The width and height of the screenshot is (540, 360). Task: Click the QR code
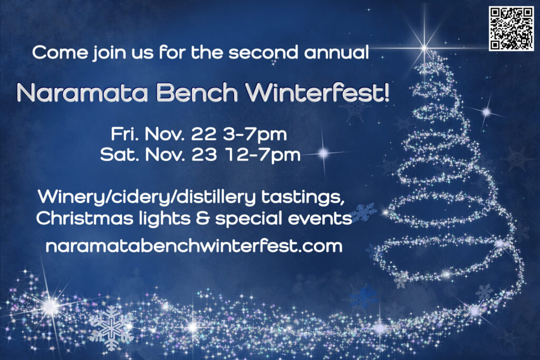pyautogui.click(x=512, y=28)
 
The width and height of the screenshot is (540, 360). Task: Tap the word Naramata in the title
pyautogui.click(x=82, y=93)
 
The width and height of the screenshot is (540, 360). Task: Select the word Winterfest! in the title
pyautogui.click(x=317, y=92)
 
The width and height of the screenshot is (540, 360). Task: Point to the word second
pyautogui.click(x=264, y=52)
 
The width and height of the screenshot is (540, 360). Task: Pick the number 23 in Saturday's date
pyautogui.click(x=204, y=155)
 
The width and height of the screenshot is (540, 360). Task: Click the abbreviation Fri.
pyautogui.click(x=124, y=134)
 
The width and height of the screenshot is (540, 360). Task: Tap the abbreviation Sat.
pyautogui.click(x=120, y=155)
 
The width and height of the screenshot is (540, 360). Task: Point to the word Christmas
pyautogui.click(x=84, y=218)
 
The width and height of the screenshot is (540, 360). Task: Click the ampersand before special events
pyautogui.click(x=202, y=219)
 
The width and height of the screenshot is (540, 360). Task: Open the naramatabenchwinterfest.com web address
pyautogui.click(x=194, y=247)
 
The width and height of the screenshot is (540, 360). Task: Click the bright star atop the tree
pyautogui.click(x=425, y=47)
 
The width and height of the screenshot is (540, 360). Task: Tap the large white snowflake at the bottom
pyautogui.click(x=111, y=328)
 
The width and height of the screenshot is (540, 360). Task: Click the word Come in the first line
pyautogui.click(x=60, y=52)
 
